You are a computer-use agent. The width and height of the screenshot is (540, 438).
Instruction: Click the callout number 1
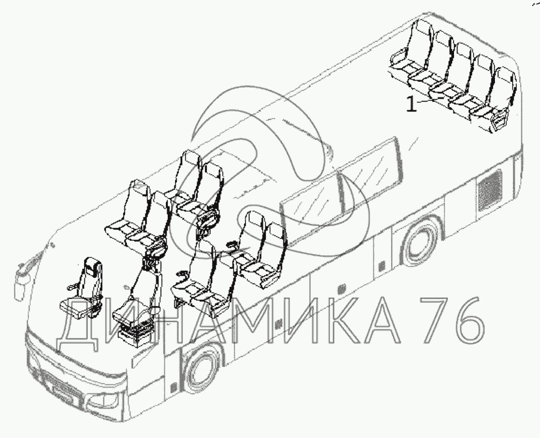[x=411, y=104]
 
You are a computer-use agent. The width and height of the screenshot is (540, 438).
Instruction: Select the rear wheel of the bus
[x=419, y=241]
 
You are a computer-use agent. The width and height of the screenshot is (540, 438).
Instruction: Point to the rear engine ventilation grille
[x=489, y=190]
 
